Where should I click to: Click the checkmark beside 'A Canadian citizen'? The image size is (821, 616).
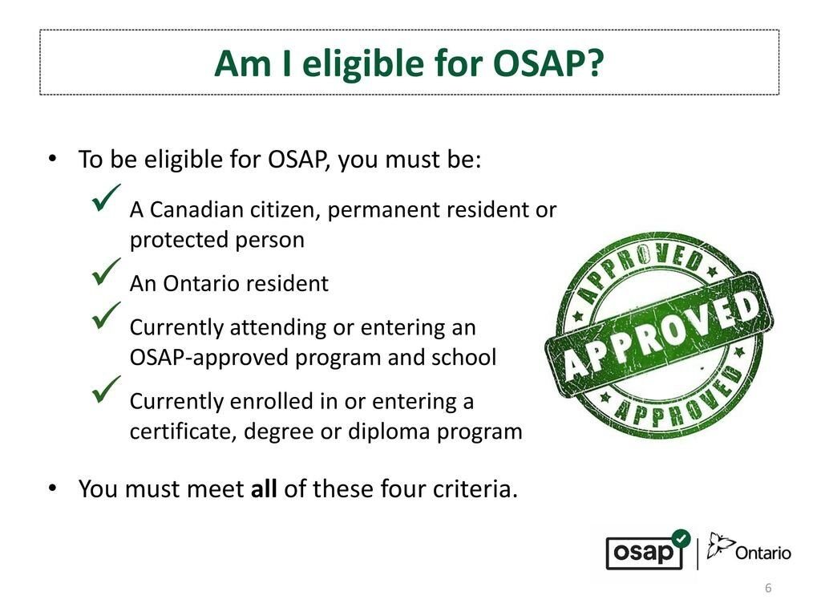[107, 197]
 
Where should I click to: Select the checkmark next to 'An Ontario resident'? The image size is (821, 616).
[107, 271]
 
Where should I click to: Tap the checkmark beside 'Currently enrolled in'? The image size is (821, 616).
[107, 389]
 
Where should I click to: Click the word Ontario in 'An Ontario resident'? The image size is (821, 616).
[201, 283]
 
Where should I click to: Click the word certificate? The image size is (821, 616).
[184, 432]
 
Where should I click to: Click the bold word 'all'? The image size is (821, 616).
[264, 488]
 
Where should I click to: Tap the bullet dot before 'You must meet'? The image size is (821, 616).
[52, 488]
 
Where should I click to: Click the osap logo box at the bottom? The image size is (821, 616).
[645, 553]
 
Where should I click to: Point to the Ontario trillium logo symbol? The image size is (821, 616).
[721, 545]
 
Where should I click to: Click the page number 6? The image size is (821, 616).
[768, 588]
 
